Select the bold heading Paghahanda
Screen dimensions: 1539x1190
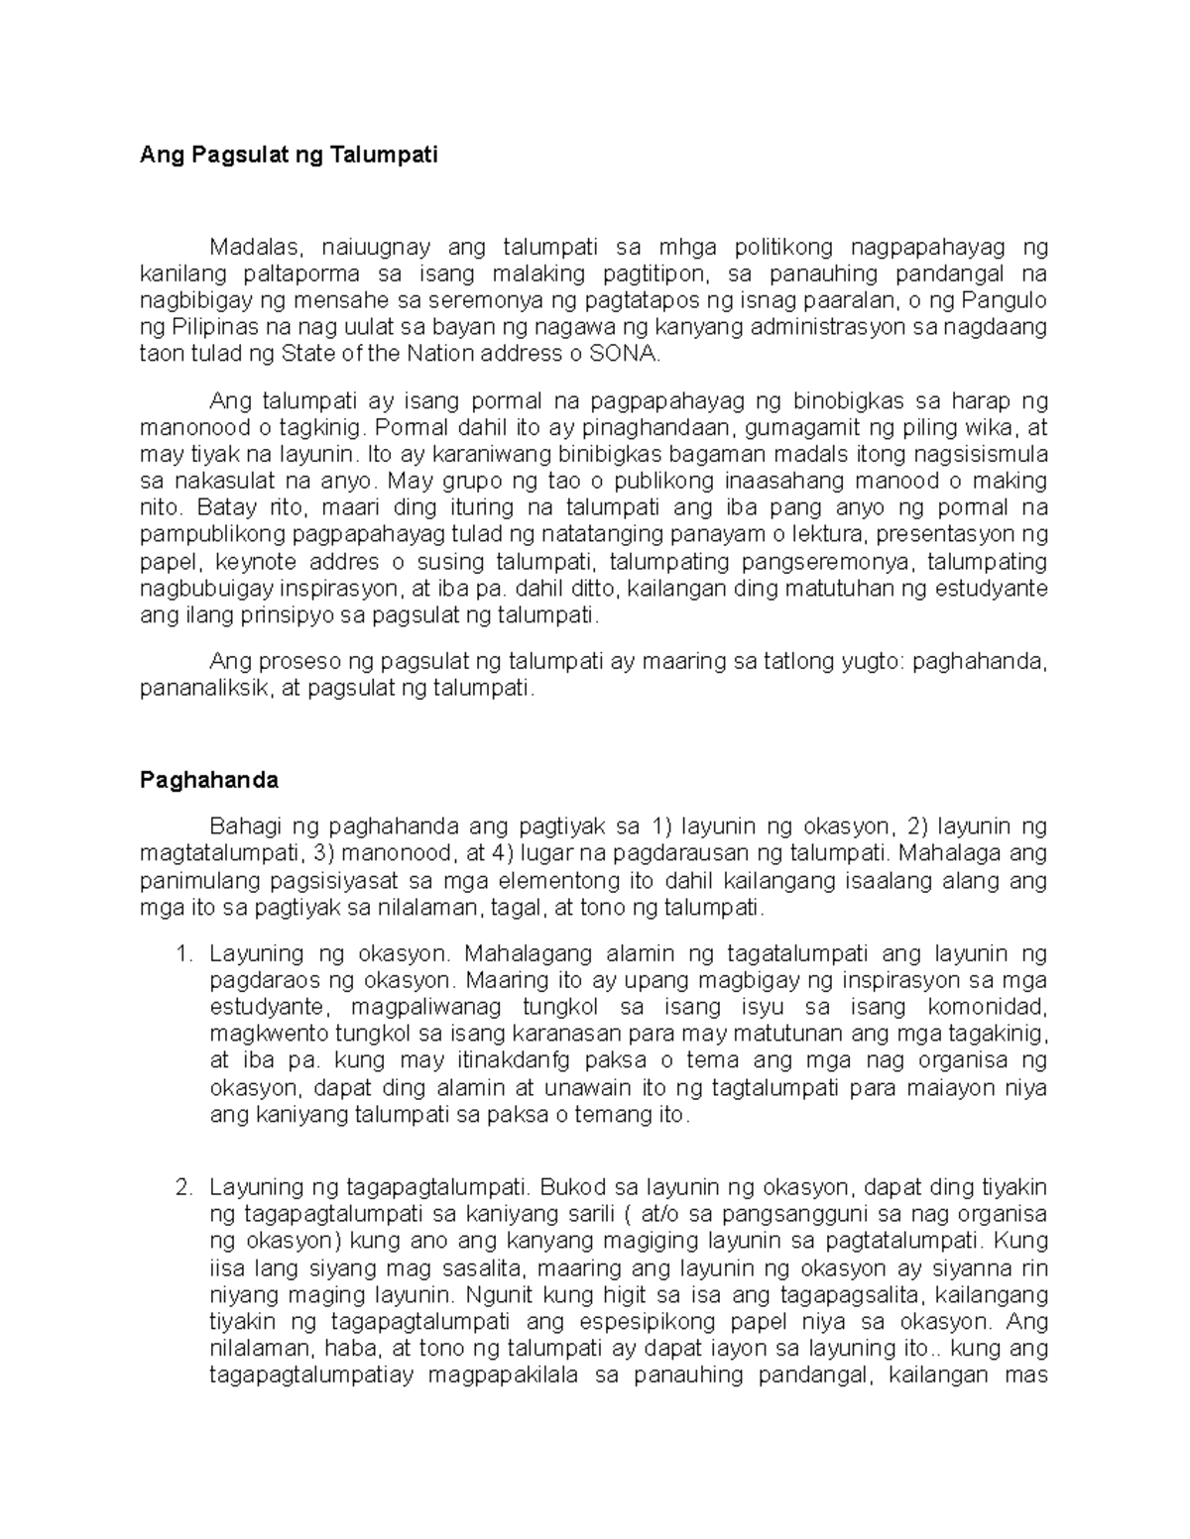tap(208, 780)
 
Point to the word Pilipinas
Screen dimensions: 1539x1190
tap(211, 328)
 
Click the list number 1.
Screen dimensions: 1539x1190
tap(181, 953)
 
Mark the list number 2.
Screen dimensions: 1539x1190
tap(181, 1187)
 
